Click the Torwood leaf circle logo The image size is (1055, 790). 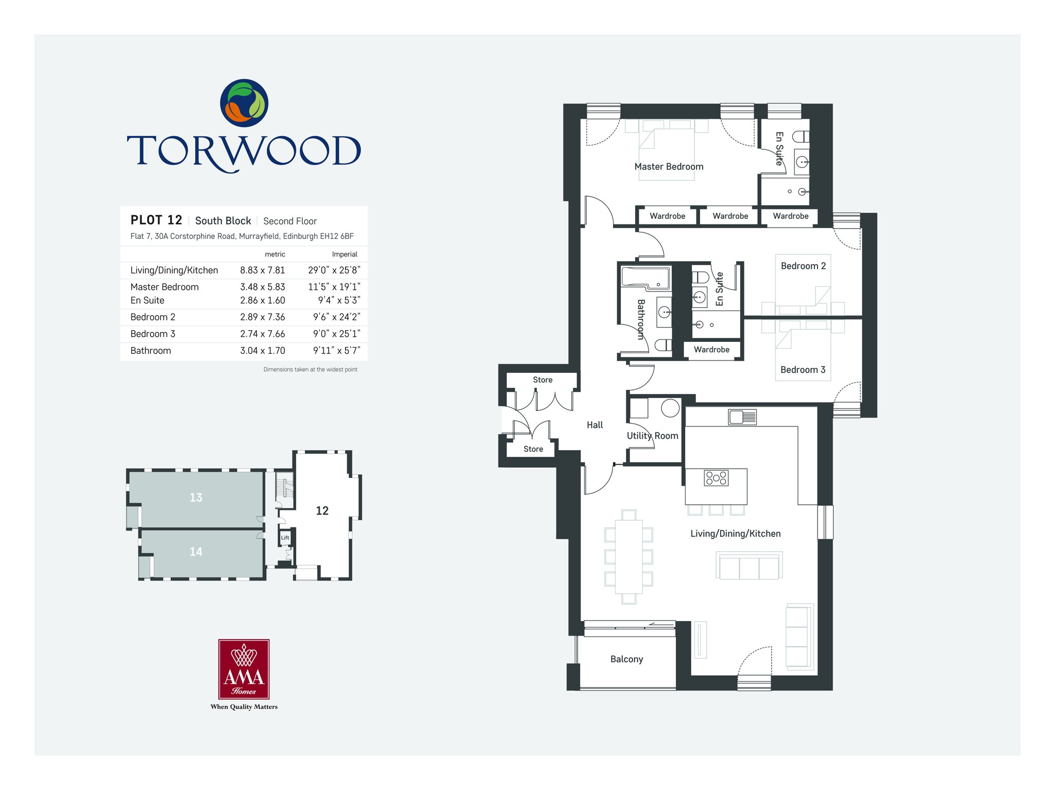pyautogui.click(x=244, y=103)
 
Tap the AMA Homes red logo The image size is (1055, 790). pyautogui.click(x=244, y=669)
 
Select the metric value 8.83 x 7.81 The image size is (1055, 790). pyautogui.click(x=262, y=270)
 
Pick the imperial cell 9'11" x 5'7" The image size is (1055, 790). pyautogui.click(x=336, y=351)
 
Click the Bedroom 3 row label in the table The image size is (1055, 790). pyautogui.click(x=152, y=334)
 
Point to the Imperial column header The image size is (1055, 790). pyautogui.click(x=345, y=254)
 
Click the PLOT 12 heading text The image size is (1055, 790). pyautogui.click(x=156, y=220)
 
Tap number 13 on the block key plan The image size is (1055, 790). pyautogui.click(x=196, y=497)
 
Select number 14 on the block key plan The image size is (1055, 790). pyautogui.click(x=196, y=552)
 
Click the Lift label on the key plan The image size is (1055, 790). pyautogui.click(x=285, y=538)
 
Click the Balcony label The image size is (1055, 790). pyautogui.click(x=626, y=659)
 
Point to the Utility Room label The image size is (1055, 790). pyautogui.click(x=652, y=436)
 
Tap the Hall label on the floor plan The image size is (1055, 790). pyautogui.click(x=594, y=425)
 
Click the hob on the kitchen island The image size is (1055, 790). pyautogui.click(x=716, y=478)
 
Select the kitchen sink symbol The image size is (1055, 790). pyautogui.click(x=742, y=417)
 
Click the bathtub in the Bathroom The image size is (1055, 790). pyautogui.click(x=646, y=277)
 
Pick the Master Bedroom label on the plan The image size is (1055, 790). pyautogui.click(x=669, y=167)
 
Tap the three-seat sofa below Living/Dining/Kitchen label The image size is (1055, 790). pyautogui.click(x=749, y=565)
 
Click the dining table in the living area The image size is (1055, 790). pyautogui.click(x=628, y=556)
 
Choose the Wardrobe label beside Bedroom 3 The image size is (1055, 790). pyautogui.click(x=711, y=350)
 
